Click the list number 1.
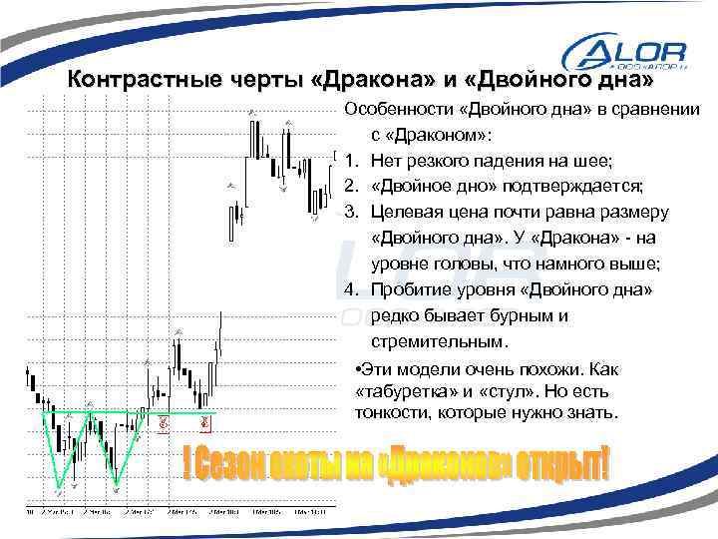point(350,160)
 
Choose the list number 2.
point(350,186)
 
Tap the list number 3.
point(350,212)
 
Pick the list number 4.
point(350,290)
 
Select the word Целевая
point(407,212)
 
